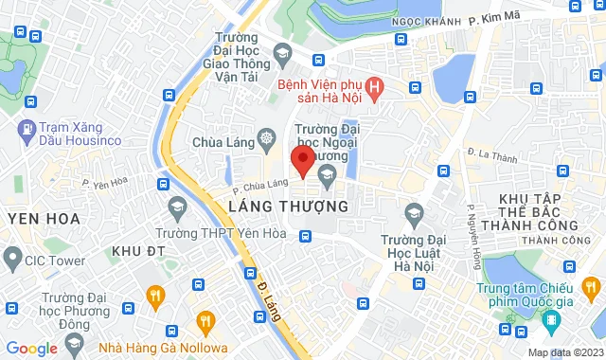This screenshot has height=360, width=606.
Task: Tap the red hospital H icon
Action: coord(376,90)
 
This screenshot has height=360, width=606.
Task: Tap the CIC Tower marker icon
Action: coord(12,256)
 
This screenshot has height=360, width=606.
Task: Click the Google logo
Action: coord(31,349)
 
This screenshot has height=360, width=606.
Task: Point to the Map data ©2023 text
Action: coord(564,352)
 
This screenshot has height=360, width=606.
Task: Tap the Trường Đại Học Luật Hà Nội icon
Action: coord(412,212)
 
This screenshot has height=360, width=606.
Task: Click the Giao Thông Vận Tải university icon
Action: coord(280,51)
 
